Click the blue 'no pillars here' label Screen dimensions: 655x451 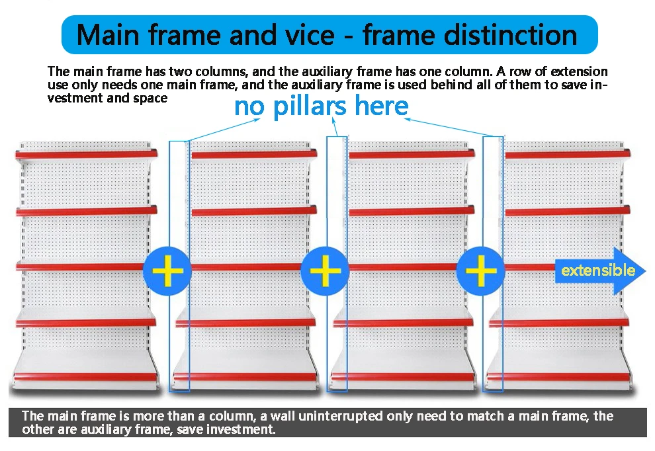click(322, 106)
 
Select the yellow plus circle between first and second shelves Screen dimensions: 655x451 click(167, 271)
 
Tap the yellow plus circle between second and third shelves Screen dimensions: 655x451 click(325, 271)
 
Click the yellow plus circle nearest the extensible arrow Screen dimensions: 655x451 click(481, 271)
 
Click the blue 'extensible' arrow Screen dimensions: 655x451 click(599, 270)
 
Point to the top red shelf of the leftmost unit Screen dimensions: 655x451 click(87, 154)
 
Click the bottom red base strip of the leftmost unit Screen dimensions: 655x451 click(83, 377)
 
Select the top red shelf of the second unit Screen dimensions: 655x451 click(254, 155)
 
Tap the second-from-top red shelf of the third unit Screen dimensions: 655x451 click(412, 212)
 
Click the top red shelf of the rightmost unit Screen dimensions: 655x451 click(567, 155)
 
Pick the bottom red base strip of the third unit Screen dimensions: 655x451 click(403, 378)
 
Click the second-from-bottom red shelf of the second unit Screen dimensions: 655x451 click(246, 323)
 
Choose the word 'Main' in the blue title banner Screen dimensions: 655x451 click(108, 34)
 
